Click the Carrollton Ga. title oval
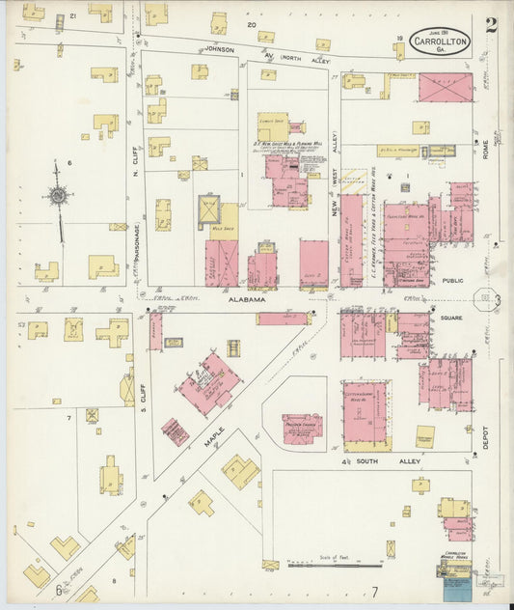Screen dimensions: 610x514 pos(440,42)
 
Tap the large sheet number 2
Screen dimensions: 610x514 pos(491,26)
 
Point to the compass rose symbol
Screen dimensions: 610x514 pos(59,197)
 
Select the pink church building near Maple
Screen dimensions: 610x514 pos(303,429)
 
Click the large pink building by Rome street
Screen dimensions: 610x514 pos(446,88)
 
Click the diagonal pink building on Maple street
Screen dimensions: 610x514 pos(209,383)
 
